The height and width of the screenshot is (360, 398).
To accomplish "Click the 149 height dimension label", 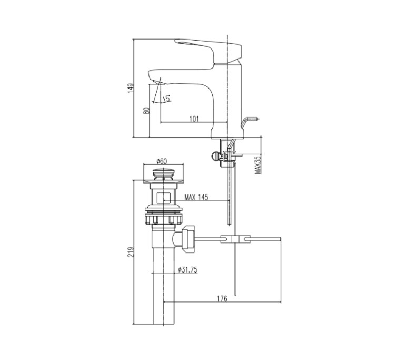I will tap(132, 88).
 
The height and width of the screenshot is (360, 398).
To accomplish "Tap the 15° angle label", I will tap(166, 98).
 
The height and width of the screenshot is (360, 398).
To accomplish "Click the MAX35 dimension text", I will tap(258, 164).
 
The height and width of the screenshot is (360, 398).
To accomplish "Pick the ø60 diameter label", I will tap(162, 162).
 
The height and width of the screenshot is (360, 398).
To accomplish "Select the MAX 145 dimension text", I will tap(196, 198).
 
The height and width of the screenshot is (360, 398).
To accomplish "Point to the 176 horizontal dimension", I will tap(222, 298).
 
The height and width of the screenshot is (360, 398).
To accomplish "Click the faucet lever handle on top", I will tap(208, 49).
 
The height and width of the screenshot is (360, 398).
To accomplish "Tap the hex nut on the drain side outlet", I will tap(188, 238).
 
